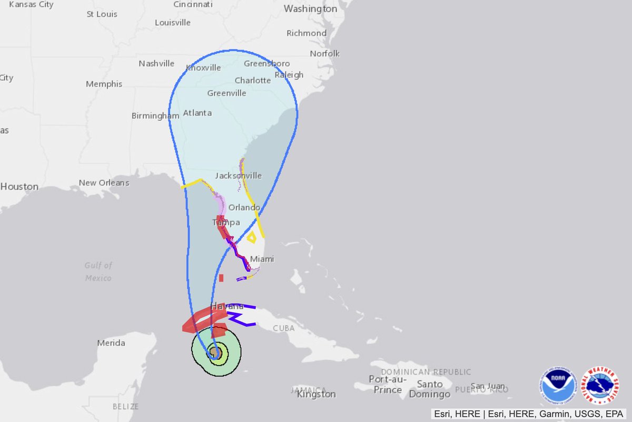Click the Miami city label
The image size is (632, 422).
click(x=262, y=259)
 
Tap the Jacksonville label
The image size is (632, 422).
click(x=238, y=175)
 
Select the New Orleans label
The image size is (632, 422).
click(x=104, y=183)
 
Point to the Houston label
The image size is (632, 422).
click(x=19, y=186)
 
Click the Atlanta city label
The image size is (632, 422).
click(x=197, y=113)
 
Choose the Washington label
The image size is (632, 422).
click(x=310, y=9)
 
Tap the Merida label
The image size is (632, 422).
click(x=111, y=343)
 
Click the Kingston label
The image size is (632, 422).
click(x=316, y=394)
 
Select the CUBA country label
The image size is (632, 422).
click(x=283, y=328)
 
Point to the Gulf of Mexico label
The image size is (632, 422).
click(x=98, y=271)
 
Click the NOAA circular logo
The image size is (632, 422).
click(x=558, y=387)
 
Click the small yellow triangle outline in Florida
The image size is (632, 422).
click(x=252, y=237)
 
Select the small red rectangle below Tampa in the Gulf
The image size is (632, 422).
click(x=221, y=277)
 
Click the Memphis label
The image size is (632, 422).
click(x=104, y=84)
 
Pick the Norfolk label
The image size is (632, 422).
click(x=324, y=53)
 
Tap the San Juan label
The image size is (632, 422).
click(x=487, y=386)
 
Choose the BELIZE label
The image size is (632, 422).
click(x=125, y=406)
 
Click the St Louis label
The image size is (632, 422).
click(x=102, y=14)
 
